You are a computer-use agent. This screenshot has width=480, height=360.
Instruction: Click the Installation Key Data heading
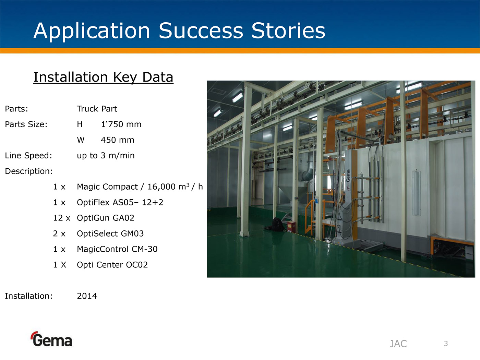tap(103, 77)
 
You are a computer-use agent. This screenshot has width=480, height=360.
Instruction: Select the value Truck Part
tap(97, 109)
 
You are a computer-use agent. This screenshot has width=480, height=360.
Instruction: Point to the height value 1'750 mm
tap(121, 124)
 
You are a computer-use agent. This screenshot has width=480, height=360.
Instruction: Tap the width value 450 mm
tap(118, 140)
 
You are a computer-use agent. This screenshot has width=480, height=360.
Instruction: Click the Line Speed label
tap(28, 155)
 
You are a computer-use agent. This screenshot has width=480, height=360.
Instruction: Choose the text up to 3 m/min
tap(106, 156)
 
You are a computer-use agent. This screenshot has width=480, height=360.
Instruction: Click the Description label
tap(29, 171)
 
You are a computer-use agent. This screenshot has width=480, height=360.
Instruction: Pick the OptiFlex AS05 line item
tap(120, 202)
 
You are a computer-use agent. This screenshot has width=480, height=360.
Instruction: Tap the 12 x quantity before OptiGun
tap(62, 218)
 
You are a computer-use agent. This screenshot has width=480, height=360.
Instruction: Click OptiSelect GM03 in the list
tap(110, 234)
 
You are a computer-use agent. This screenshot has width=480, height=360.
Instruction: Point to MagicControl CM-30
tap(117, 249)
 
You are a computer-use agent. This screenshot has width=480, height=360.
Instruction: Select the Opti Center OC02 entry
tap(112, 265)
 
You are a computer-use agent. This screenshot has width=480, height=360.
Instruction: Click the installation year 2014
tap(87, 296)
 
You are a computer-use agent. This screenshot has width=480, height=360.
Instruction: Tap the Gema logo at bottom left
tap(51, 339)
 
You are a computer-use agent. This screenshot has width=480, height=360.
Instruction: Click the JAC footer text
tap(398, 344)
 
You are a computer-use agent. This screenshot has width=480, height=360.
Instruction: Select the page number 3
tap(446, 344)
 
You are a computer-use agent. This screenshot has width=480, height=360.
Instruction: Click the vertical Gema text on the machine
tap(348, 175)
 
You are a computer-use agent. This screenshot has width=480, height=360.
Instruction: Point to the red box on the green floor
tap(291, 227)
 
